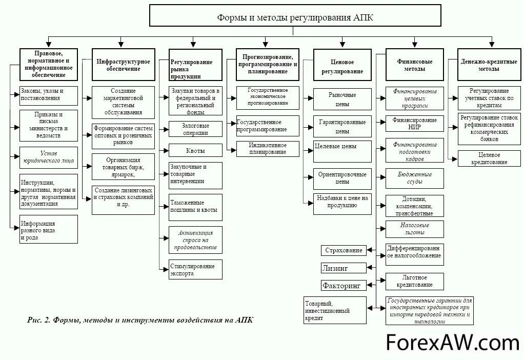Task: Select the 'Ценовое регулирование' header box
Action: click(x=342, y=65)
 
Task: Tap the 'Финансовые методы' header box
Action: click(x=414, y=65)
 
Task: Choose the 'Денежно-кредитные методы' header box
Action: click(x=481, y=65)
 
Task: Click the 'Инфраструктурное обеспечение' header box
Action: click(x=124, y=65)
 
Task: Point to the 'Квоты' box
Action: click(x=195, y=151)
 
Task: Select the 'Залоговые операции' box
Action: click(x=195, y=129)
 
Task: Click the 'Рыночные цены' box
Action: click(x=342, y=99)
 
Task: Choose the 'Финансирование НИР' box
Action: click(x=414, y=123)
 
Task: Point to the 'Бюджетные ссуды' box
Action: click(x=414, y=178)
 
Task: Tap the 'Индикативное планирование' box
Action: click(x=267, y=149)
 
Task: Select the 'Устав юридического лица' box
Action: click(x=48, y=157)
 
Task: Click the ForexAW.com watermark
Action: click(x=452, y=342)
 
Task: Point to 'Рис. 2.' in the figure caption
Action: click(x=39, y=320)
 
